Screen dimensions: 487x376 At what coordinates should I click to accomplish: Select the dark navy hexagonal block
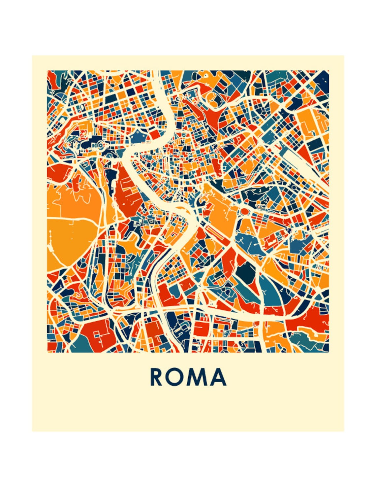point(246,272)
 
